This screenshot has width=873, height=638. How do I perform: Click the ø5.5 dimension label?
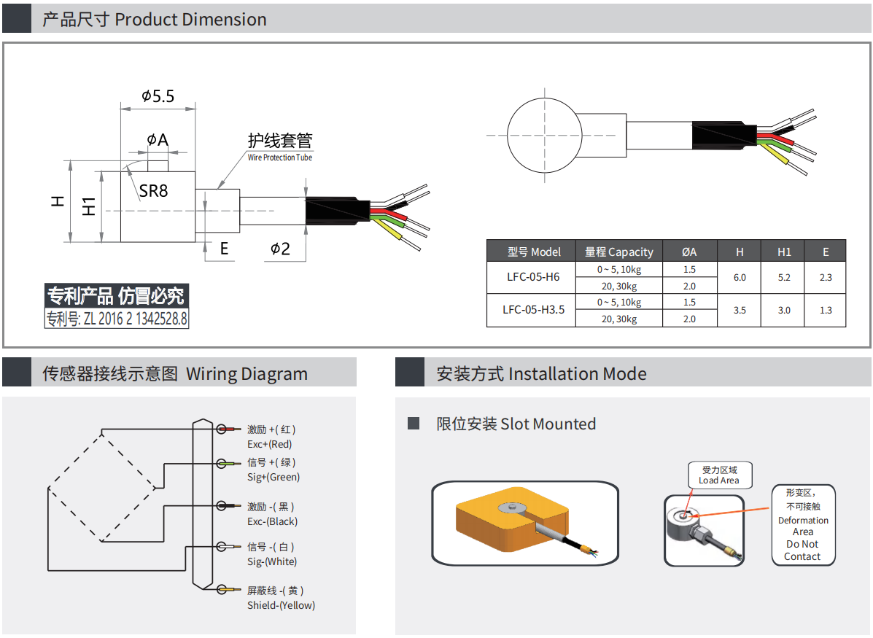(x=158, y=96)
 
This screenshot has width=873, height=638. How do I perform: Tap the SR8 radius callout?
(x=153, y=191)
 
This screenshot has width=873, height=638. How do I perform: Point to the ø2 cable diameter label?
(x=280, y=249)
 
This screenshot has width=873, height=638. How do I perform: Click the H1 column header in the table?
(x=784, y=252)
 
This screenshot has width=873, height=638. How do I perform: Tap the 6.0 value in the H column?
(x=740, y=277)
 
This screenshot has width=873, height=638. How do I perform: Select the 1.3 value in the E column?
(x=826, y=310)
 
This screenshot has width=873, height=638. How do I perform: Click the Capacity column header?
(x=619, y=252)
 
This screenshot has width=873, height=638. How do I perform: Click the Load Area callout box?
(x=719, y=475)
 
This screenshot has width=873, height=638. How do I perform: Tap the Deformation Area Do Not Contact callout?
(x=802, y=525)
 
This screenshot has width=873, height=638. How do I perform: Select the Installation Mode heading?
(x=541, y=374)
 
